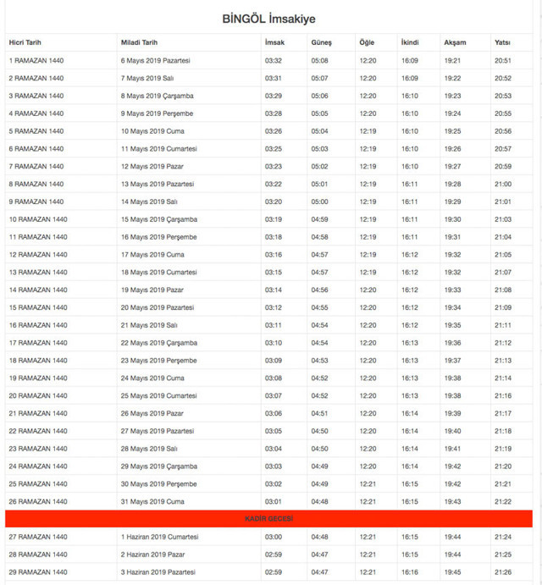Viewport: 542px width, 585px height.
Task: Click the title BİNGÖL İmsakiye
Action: click(x=270, y=19)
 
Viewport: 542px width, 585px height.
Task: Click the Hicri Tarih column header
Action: click(x=25, y=42)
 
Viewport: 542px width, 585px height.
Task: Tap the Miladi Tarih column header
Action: click(x=139, y=42)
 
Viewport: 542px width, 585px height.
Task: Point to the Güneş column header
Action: click(x=321, y=42)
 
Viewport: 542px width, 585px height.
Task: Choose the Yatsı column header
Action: click(x=502, y=42)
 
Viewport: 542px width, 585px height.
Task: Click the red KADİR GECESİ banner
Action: click(x=268, y=518)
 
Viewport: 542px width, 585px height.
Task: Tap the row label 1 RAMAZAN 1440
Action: click(x=36, y=60)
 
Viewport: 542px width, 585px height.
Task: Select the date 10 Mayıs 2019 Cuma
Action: click(x=152, y=131)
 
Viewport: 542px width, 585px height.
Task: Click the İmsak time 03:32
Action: click(x=273, y=60)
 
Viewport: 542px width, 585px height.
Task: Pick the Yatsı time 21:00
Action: click(x=503, y=184)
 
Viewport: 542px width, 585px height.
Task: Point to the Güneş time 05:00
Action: click(x=319, y=201)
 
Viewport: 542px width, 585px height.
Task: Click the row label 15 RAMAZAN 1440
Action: click(x=37, y=307)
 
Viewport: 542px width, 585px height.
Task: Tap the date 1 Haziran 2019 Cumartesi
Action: click(x=159, y=537)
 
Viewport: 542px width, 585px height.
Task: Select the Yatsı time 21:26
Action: click(x=503, y=572)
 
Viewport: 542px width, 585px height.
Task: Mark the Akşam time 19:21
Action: click(x=452, y=60)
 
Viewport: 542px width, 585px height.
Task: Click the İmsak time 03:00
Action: click(x=273, y=537)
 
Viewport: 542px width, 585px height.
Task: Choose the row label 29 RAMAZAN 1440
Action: click(x=37, y=572)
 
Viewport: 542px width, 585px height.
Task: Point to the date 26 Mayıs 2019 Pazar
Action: click(x=152, y=413)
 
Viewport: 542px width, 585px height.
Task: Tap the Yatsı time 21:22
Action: click(x=503, y=501)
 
